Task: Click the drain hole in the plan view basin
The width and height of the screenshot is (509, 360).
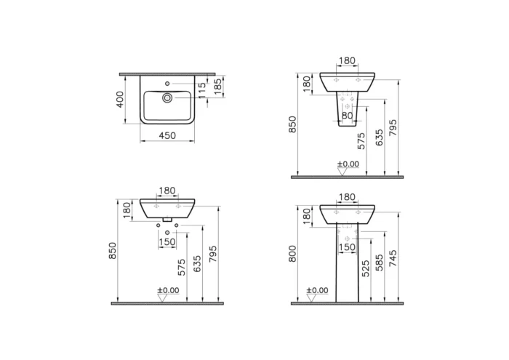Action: point(167,96)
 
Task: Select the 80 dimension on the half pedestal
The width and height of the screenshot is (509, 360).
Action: point(348,114)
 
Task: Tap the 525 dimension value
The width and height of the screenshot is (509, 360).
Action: point(366,268)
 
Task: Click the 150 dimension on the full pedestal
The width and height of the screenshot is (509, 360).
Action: point(348,247)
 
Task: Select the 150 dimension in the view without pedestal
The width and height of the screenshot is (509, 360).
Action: point(167,242)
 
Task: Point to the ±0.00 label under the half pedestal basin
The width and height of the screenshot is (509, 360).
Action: point(348,164)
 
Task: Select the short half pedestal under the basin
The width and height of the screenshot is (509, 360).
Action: point(348,105)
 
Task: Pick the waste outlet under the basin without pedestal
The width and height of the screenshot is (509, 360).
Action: point(167,219)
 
